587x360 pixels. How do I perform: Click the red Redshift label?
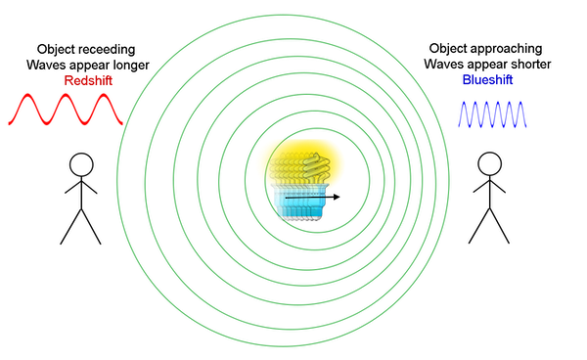pos(88,80)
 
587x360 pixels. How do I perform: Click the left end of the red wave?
pos(8,123)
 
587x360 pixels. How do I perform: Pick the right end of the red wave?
pos(123,123)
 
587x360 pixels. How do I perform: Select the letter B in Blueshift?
pos(467,80)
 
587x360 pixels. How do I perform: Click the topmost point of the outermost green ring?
pos(283,12)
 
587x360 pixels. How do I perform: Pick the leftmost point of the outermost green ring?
pos(115,180)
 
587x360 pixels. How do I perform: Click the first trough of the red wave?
pos(47,125)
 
